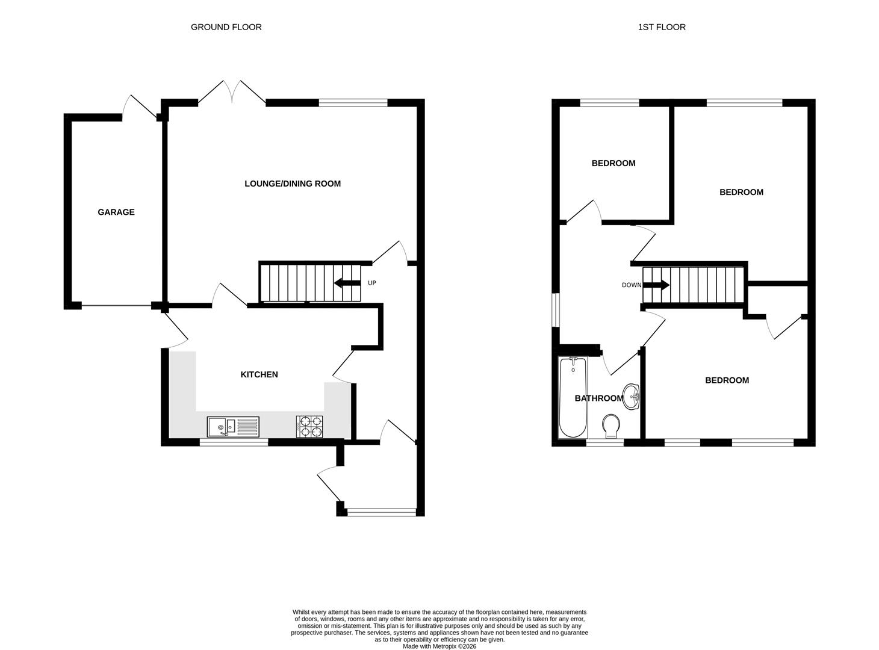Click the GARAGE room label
pos(116,212)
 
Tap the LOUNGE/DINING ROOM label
pos(293,184)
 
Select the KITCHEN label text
pos(259,374)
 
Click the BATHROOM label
pos(598,398)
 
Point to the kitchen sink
pos(232,427)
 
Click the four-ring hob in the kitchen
pos(309,427)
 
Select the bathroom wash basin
pos(632,397)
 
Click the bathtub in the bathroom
pos(573,397)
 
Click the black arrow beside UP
pos(347,283)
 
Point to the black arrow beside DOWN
pos(656,285)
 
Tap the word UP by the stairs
pos(372,283)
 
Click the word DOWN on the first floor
pos(632,285)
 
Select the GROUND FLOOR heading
pos(226,27)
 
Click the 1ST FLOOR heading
pos(662,27)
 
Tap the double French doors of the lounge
pos(232,93)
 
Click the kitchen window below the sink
pos(234,442)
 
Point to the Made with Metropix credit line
pos(440,646)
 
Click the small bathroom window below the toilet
pos(605,442)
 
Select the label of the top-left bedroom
pos(613,163)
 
